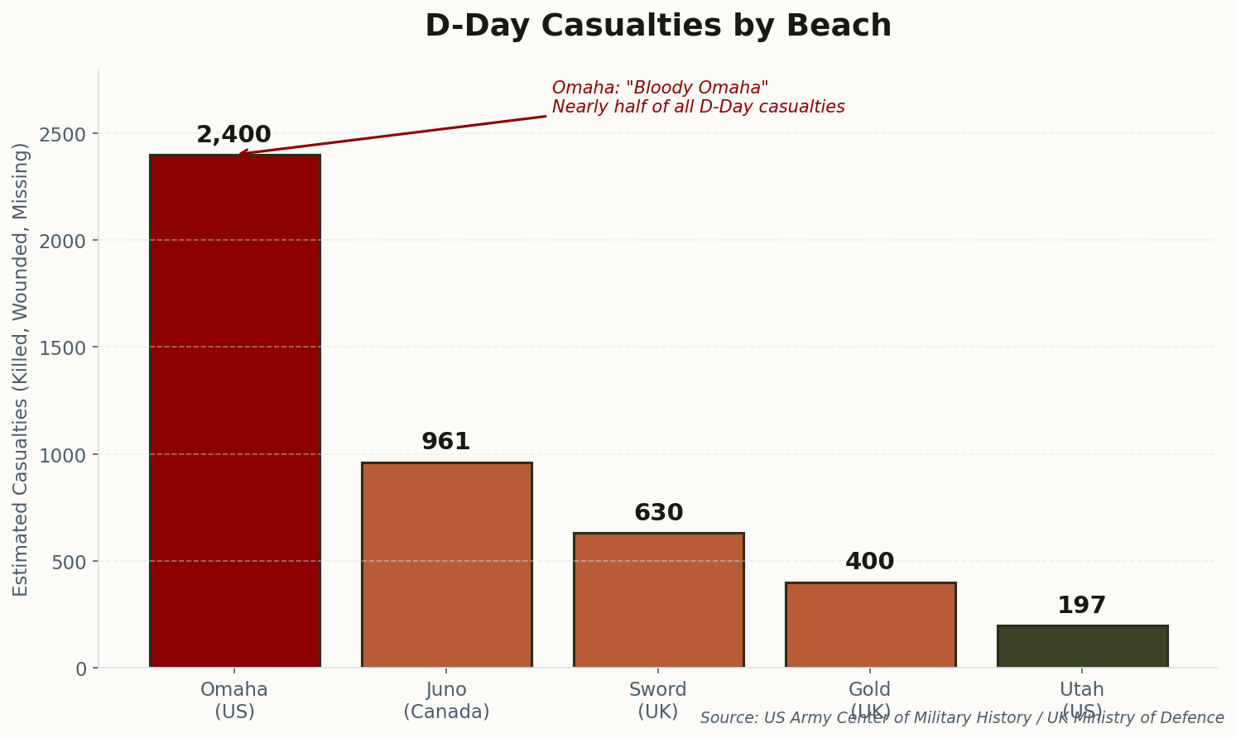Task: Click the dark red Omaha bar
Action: [234, 410]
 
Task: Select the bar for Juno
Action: [446, 565]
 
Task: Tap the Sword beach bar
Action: [658, 600]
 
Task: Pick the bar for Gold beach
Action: [870, 625]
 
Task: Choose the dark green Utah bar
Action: [1082, 646]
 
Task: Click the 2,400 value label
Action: [233, 135]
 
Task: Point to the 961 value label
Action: [445, 442]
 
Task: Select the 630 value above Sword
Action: [658, 513]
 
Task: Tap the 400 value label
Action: [869, 562]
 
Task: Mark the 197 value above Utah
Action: [1081, 606]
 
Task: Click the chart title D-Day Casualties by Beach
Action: [658, 26]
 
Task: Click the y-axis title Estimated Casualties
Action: [21, 369]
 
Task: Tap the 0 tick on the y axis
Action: [80, 669]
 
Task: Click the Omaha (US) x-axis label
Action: [234, 700]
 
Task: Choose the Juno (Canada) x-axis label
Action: [446, 700]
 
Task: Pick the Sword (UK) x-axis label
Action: [658, 700]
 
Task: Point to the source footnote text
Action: [962, 718]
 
